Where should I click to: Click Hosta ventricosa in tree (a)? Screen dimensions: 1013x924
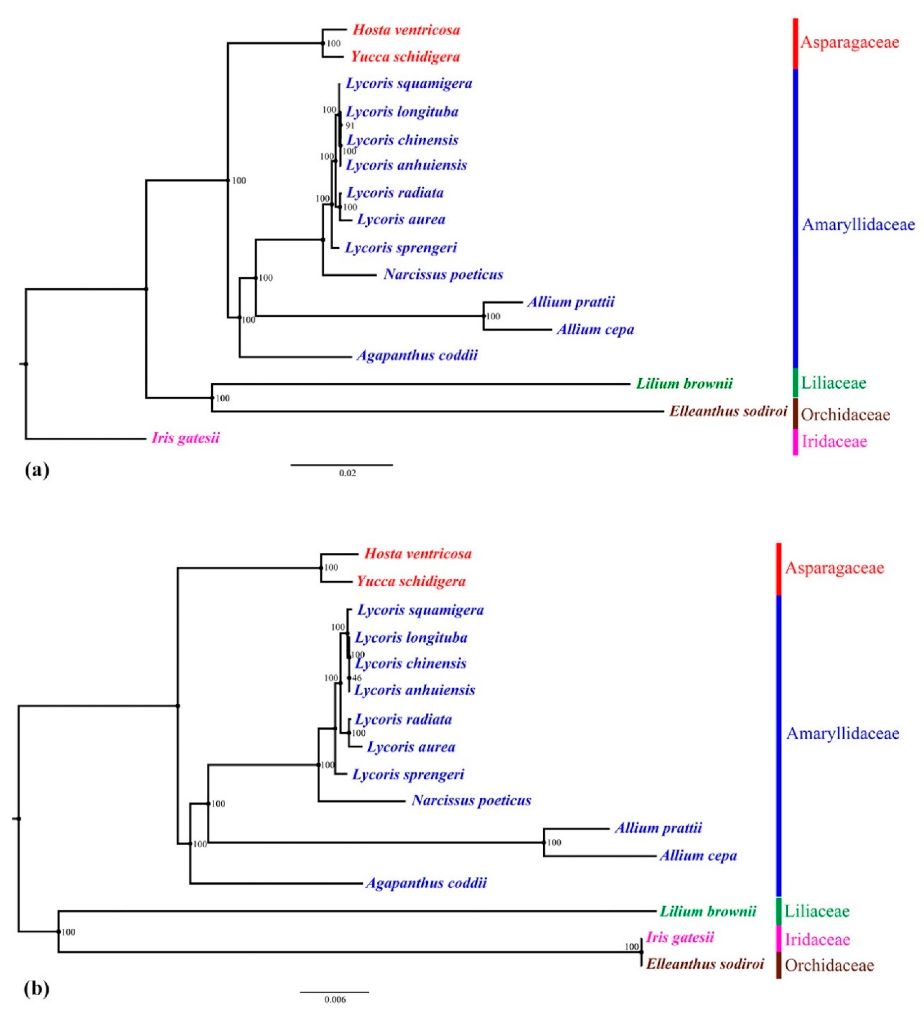point(406,30)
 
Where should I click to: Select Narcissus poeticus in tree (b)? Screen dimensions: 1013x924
point(471,801)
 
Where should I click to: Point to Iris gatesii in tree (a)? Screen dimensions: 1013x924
point(185,438)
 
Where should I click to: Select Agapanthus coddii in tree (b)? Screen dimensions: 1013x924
point(426,883)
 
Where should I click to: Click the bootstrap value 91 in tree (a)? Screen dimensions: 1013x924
point(350,125)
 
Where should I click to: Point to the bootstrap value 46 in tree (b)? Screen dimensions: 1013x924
point(357,678)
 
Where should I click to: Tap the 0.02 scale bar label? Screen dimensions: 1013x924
point(347,473)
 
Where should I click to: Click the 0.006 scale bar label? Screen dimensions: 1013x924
point(335,1000)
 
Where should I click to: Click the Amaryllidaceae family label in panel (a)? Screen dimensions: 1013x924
point(858,225)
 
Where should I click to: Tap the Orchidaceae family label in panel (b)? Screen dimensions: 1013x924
point(829,965)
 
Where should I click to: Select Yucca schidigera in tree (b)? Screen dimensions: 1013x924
point(411,581)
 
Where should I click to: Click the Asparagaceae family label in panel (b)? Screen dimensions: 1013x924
point(834,568)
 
